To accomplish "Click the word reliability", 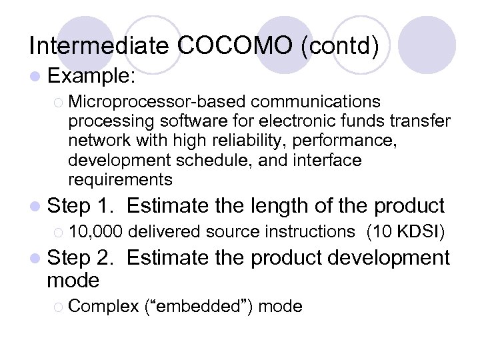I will coord(224,141).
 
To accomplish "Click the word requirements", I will coord(120,179).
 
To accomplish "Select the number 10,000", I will coord(95,231).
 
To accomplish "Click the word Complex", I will coord(103,306).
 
